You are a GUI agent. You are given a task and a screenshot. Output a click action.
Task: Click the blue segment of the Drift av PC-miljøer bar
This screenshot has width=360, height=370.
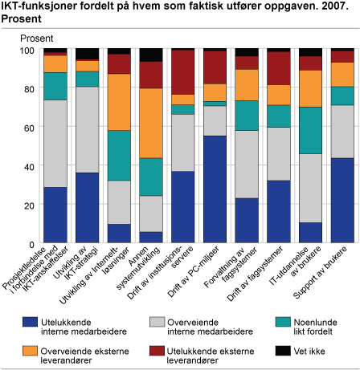[215, 189]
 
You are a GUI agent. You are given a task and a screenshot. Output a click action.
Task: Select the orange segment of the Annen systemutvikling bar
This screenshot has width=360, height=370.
[151, 123]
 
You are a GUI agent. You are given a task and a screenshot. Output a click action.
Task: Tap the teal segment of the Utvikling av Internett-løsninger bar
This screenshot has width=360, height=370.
[119, 156]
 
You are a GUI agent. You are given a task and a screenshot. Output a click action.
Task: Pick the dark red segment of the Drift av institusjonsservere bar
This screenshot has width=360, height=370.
[183, 72]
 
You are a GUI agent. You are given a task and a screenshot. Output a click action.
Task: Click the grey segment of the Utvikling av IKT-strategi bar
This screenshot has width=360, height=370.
[88, 129]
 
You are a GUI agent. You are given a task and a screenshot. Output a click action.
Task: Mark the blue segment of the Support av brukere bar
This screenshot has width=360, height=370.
[342, 201]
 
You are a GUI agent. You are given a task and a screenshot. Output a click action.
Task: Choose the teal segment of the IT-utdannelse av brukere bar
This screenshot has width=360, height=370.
[311, 130]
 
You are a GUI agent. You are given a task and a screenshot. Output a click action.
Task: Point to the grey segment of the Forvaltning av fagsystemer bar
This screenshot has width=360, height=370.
[247, 165]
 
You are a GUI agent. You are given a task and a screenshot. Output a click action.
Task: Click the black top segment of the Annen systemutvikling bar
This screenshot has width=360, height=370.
[151, 55]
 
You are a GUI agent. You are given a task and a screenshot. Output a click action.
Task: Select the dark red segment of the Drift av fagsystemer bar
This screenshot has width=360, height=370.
[279, 68]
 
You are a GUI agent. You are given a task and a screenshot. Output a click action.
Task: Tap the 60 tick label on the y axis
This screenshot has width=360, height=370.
[28, 128]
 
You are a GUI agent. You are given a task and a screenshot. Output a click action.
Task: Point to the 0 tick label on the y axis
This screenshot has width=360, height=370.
[31, 244]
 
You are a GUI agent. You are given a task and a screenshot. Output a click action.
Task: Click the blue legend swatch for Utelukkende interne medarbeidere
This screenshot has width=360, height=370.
[30, 322]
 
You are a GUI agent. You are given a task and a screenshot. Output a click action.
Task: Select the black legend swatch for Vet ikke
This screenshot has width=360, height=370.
[283, 351]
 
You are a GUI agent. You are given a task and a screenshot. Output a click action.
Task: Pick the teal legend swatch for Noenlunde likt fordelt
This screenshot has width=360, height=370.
[283, 322]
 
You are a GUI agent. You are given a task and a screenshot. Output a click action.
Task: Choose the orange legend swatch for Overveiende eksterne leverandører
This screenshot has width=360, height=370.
[30, 351]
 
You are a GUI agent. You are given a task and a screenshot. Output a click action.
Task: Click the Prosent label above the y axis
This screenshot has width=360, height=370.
[37, 39]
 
